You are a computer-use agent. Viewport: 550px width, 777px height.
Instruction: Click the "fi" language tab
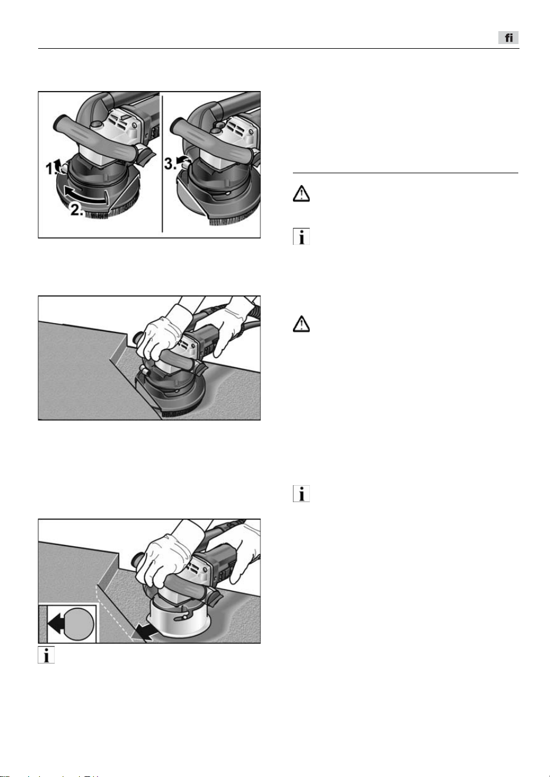tap(508, 38)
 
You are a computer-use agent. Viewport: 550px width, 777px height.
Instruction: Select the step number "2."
tap(77, 210)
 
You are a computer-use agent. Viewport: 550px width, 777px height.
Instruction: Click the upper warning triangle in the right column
tap(301, 194)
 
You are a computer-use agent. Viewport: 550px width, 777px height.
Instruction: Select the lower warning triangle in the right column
tap(301, 324)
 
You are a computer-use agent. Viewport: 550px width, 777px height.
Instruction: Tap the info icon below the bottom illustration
tap(46, 655)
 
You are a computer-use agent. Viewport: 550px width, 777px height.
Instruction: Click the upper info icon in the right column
tap(301, 237)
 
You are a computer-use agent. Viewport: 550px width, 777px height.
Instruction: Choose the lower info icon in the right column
tap(301, 493)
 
